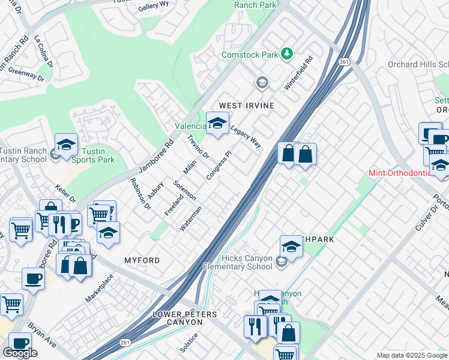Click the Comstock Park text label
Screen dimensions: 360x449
[250, 55]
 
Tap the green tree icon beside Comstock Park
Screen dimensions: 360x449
[288, 54]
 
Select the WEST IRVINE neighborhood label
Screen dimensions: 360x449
[246, 106]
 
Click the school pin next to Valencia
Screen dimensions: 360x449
[217, 124]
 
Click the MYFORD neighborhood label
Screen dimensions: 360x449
[142, 260]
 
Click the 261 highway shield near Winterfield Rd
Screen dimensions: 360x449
[343, 62]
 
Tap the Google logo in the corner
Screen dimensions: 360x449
[20, 353]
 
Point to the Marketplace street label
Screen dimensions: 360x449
[99, 289]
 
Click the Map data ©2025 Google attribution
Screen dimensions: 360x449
[412, 355]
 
